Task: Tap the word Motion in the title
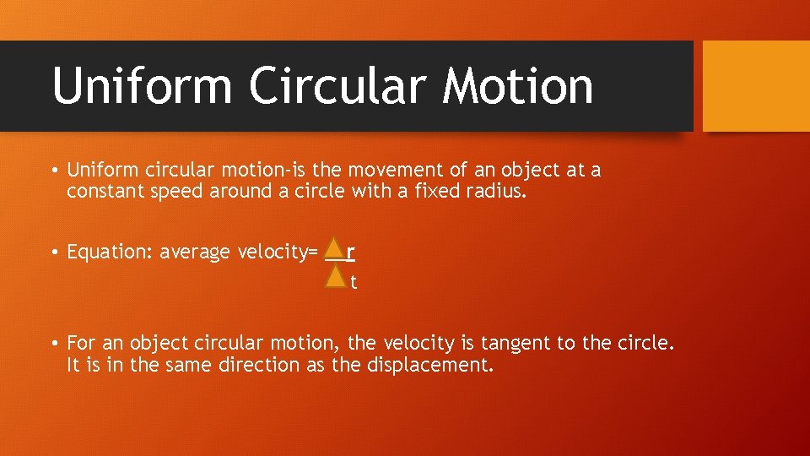[x=518, y=86]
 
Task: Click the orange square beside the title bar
[x=756, y=86]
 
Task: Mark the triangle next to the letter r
[x=336, y=249]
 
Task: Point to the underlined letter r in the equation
[x=351, y=252]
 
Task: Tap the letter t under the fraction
[x=354, y=283]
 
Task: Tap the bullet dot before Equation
[x=52, y=252]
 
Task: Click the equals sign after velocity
[x=313, y=252]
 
